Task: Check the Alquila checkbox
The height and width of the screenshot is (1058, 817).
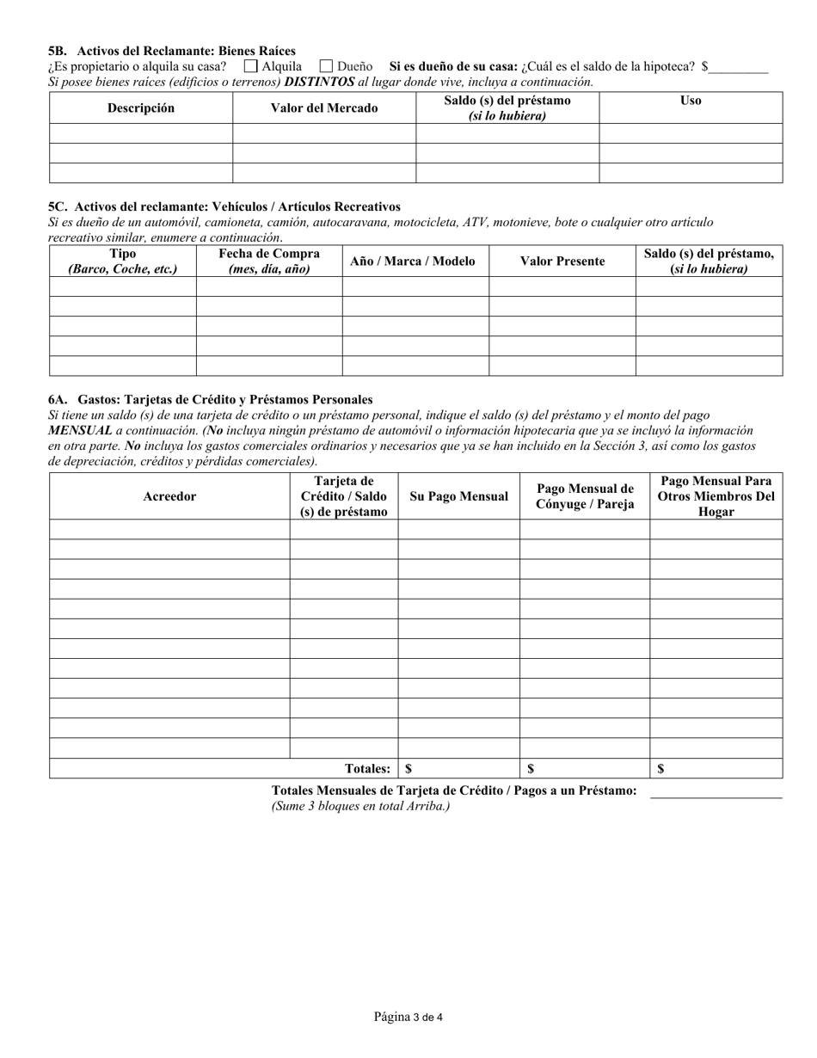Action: click(251, 66)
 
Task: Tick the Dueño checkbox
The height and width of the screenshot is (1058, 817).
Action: click(326, 66)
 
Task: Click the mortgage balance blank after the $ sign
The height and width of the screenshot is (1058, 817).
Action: click(739, 67)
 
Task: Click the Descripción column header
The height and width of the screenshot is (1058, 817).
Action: click(141, 108)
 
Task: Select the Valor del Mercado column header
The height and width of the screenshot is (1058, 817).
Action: click(324, 108)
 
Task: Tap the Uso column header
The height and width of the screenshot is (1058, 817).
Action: click(690, 101)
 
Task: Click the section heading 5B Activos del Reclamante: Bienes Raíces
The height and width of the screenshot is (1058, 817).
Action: click(172, 51)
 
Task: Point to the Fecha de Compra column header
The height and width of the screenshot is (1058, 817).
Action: click(269, 261)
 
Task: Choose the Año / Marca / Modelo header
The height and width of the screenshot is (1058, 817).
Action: click(413, 261)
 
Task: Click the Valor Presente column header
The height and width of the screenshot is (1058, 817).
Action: click(562, 261)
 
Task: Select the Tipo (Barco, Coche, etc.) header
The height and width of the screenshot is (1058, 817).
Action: click(123, 261)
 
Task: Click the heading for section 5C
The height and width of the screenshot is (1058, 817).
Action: click(224, 206)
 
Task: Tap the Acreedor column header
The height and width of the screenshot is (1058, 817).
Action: click(169, 496)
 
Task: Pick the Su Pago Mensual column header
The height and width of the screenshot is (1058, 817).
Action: click(458, 496)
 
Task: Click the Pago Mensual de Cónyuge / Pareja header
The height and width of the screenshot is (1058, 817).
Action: click(585, 496)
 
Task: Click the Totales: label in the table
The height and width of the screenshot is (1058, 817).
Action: click(367, 769)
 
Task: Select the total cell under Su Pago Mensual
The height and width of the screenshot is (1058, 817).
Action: click(458, 769)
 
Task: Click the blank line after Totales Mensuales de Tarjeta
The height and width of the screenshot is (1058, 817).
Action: click(716, 791)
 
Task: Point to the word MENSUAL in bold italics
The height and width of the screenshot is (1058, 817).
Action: click(80, 430)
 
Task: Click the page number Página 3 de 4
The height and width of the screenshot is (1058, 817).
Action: click(408, 1018)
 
